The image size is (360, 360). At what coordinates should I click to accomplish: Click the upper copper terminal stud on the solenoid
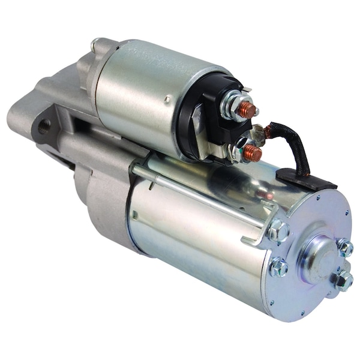pyautogui.click(x=248, y=109)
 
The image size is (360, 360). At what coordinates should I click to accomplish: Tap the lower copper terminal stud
pyautogui.click(x=253, y=154)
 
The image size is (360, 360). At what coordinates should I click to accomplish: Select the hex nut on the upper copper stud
pyautogui.click(x=232, y=107)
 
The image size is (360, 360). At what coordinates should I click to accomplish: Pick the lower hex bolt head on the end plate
pyautogui.click(x=278, y=267)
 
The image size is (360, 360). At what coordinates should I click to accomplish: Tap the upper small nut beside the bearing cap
pyautogui.click(x=344, y=246)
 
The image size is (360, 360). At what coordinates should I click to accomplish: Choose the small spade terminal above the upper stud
pyautogui.click(x=247, y=90)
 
